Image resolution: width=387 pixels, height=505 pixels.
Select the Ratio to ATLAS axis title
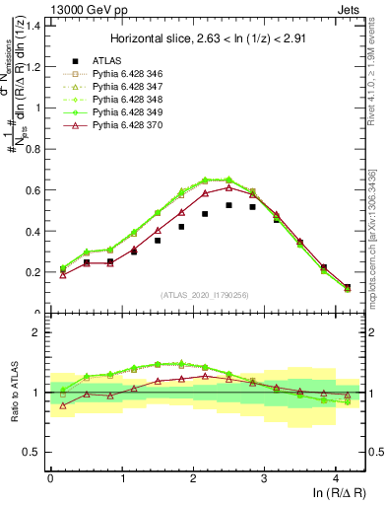(13, 393)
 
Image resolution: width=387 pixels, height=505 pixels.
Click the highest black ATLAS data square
(229, 205)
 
